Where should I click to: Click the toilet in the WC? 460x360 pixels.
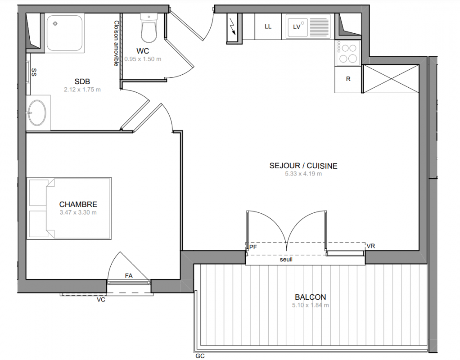point(149,28)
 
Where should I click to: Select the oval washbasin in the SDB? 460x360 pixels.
point(37,112)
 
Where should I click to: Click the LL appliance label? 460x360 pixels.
point(268,27)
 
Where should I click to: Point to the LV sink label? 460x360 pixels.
point(297,27)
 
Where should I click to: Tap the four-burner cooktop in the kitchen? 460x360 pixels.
point(348,53)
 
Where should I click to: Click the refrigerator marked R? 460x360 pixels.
point(348,80)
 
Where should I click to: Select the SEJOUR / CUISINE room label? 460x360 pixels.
point(303,166)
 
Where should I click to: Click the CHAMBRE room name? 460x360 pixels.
point(78,204)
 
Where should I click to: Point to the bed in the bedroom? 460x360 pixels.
point(69,208)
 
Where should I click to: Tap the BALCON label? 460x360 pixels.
point(311,297)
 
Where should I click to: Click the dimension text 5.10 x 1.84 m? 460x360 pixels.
point(311,305)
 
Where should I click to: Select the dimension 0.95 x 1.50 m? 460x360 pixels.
point(143,59)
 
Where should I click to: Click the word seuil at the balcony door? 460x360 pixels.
point(286,260)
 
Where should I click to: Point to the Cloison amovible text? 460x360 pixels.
point(116,43)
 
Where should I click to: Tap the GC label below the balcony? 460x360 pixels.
point(200,356)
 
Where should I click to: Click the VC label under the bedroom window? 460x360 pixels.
point(101,300)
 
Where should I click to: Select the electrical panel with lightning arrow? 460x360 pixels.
point(235,28)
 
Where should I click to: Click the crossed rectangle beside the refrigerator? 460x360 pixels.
point(391,79)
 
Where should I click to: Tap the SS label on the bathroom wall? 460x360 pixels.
point(34,72)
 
